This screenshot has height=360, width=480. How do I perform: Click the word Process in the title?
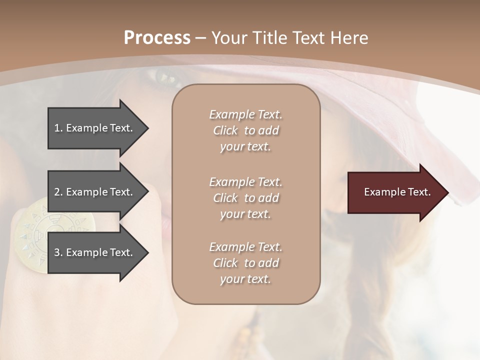[x=157, y=38]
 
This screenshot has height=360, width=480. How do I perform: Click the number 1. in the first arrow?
[x=58, y=128]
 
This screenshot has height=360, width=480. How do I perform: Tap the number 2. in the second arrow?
[x=58, y=192]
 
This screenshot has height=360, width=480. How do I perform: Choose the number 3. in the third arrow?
[x=58, y=252]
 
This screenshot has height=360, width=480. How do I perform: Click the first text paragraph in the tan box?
[x=245, y=130]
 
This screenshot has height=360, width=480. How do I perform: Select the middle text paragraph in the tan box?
[x=245, y=198]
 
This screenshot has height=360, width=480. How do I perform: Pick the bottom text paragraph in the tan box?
[x=245, y=263]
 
